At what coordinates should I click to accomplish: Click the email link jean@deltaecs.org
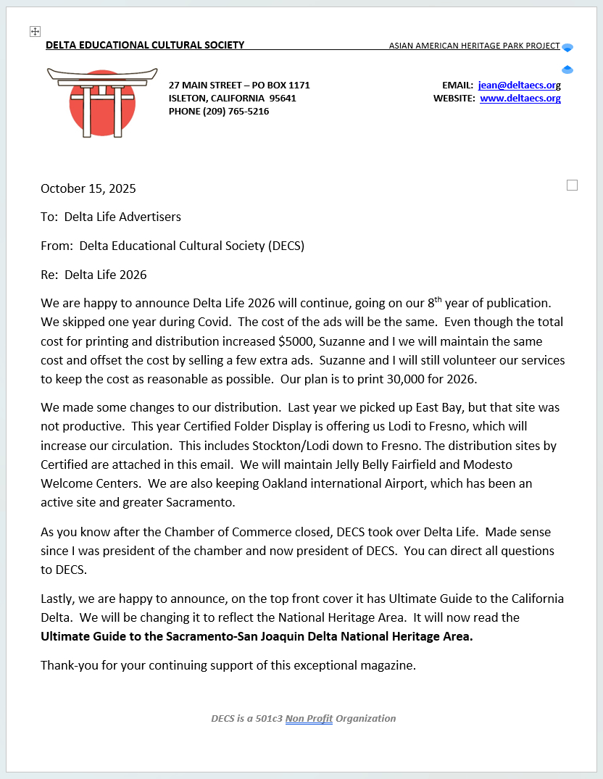[x=519, y=86]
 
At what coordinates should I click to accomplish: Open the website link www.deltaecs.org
[x=520, y=99]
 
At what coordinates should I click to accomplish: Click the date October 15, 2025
[x=88, y=189]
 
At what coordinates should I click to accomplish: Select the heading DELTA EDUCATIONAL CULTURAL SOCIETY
[x=145, y=45]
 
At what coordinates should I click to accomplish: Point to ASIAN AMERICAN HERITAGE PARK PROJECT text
[x=474, y=46]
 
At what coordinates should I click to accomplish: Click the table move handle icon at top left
[x=35, y=31]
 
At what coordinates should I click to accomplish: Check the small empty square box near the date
[x=572, y=186]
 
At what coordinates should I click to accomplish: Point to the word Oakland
[x=247, y=483]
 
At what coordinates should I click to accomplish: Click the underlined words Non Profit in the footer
[x=309, y=719]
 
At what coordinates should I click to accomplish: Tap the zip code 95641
[x=283, y=99]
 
